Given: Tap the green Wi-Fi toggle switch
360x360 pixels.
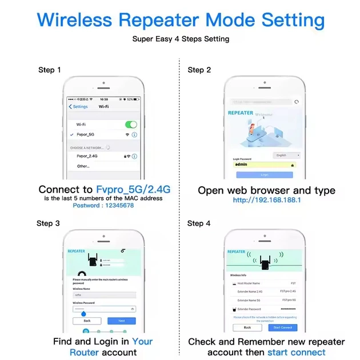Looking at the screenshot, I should tap(131, 124).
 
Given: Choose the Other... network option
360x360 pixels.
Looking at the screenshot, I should tap(83, 166).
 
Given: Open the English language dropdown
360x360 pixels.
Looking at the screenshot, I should tap(287, 155).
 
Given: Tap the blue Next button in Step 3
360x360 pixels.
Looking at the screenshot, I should tap(122, 321).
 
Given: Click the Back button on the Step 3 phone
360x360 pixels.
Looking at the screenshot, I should tap(87, 321).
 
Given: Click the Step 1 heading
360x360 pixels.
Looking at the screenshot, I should tap(50, 70).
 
